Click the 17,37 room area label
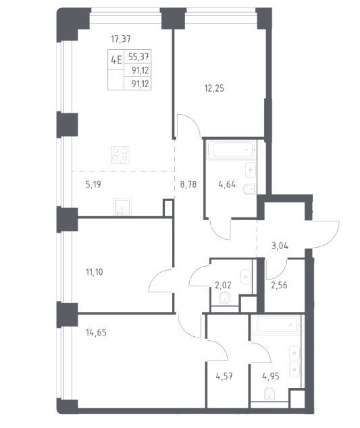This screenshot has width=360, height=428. (x=121, y=39)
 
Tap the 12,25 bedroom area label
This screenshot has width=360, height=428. (x=214, y=88)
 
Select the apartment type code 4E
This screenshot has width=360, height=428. (x=115, y=59)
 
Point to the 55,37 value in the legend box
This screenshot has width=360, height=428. (x=138, y=57)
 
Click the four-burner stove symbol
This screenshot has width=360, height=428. (x=120, y=155)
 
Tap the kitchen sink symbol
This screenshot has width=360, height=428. (x=122, y=207)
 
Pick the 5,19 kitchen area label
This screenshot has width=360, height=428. (x=93, y=184)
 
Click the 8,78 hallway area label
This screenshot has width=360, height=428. (x=188, y=184)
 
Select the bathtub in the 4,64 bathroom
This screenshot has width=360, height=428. (x=232, y=150)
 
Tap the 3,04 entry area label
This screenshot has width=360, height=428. (x=280, y=246)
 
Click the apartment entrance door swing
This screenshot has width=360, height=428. (x=325, y=235)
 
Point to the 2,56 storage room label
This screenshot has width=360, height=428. (x=279, y=286)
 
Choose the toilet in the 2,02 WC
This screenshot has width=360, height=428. (x=224, y=298)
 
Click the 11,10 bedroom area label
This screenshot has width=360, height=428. (x=95, y=272)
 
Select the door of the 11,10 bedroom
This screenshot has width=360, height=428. (x=161, y=281)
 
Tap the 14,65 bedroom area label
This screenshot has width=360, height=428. (x=96, y=333)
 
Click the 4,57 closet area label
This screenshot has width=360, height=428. (x=224, y=377)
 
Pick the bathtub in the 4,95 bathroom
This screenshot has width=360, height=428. (x=276, y=325)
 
